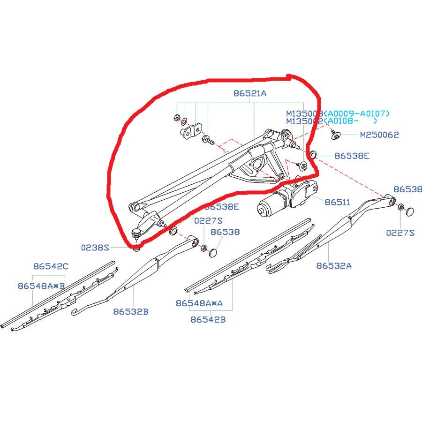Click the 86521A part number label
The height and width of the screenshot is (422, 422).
coord(249,93)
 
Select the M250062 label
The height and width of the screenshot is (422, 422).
coord(379,135)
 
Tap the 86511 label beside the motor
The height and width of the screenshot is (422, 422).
coord(337,203)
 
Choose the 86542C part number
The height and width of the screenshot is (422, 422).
coord(51,266)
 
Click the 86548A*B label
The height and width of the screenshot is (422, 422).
coord(41,286)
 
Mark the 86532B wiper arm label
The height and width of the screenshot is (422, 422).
coord(130,311)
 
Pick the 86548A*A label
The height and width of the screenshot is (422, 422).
coord(199,303)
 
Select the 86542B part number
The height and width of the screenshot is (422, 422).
coord(208,320)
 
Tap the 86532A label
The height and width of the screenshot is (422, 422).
coord(333,265)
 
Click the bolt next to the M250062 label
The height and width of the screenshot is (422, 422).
coord(335,135)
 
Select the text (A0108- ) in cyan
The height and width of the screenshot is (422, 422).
coord(352,121)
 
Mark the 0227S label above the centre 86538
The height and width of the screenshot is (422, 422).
coord(209,220)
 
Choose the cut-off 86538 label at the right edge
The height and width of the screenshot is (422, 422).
coord(407,189)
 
